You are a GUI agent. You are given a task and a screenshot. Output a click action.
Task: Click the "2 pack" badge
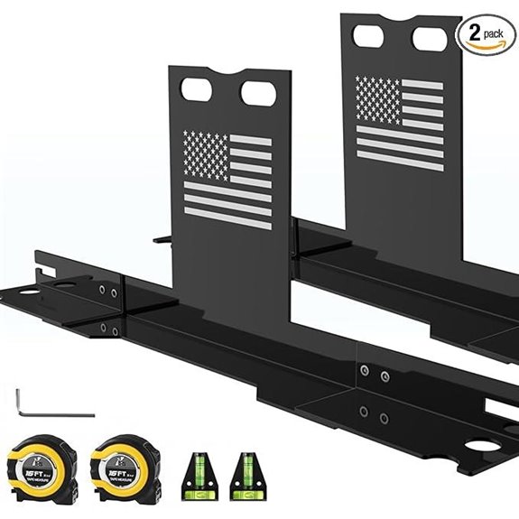(485, 32)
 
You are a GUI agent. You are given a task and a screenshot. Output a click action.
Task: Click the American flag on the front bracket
(227, 178)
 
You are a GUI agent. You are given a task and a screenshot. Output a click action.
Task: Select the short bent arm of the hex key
(19, 400)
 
